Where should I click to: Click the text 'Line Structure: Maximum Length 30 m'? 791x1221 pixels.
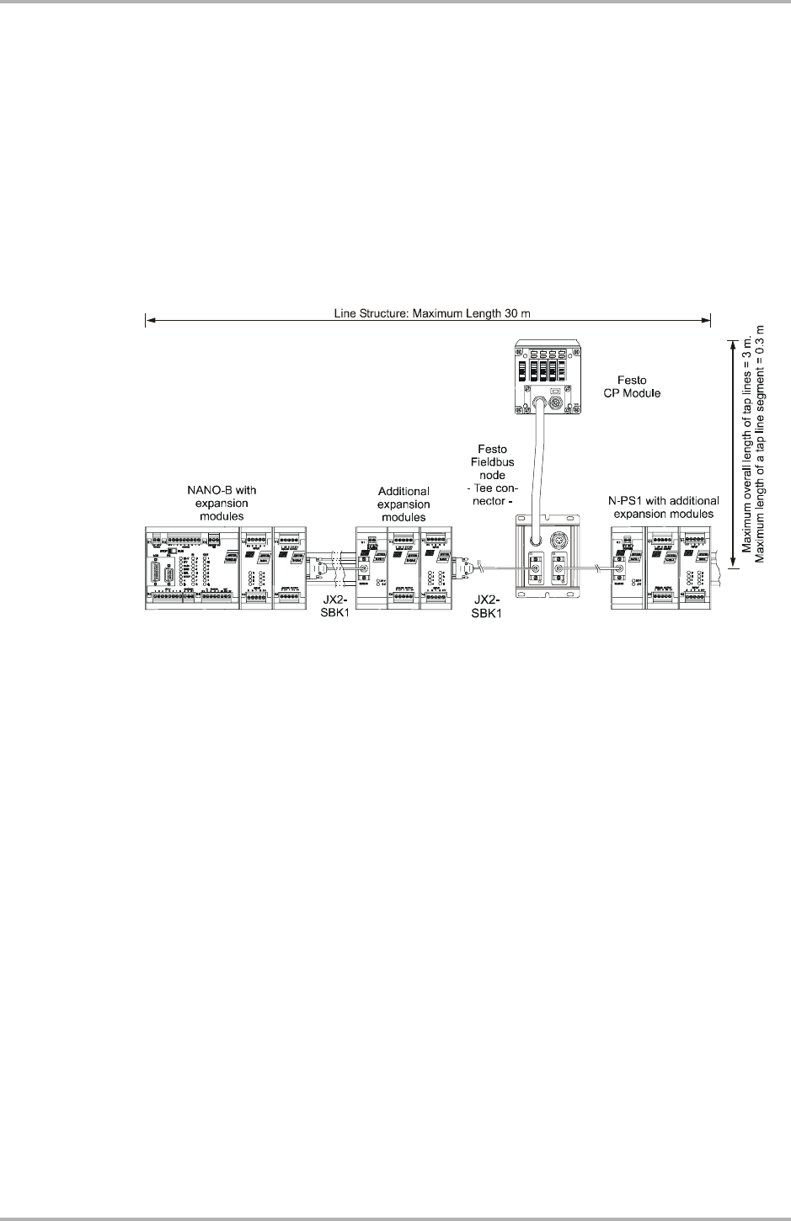(428, 313)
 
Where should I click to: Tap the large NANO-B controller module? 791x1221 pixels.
(192, 568)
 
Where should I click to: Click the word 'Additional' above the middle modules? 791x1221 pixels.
(404, 491)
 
